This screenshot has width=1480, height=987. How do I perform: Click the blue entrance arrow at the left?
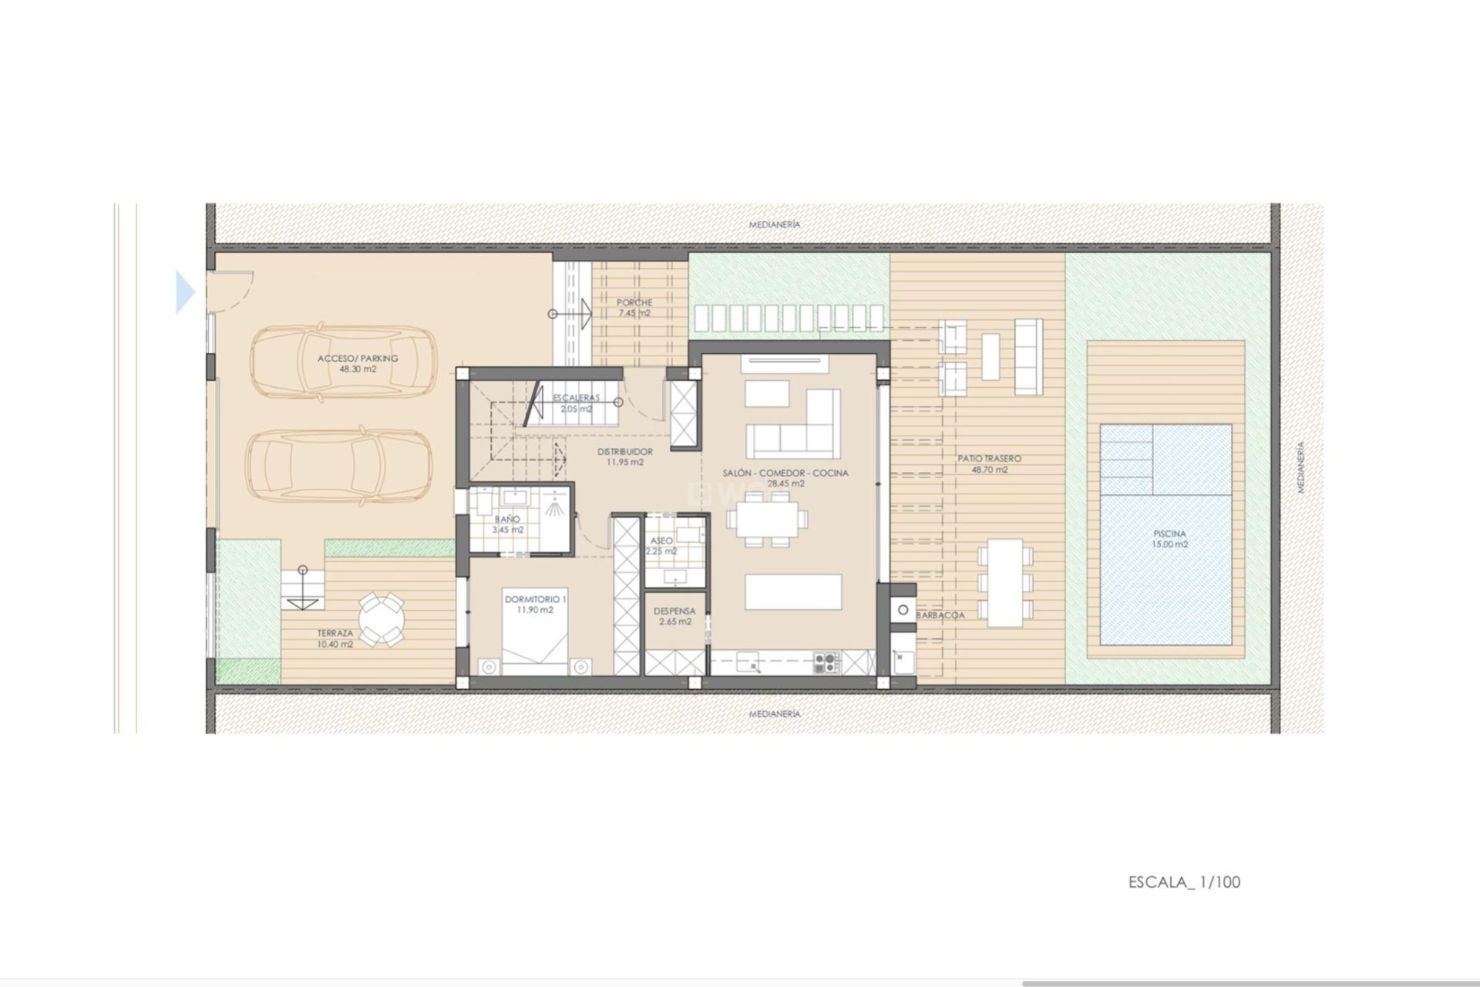tap(185, 291)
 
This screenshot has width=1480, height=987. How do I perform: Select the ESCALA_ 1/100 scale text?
tap(1184, 882)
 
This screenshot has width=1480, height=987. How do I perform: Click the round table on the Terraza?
tap(381, 618)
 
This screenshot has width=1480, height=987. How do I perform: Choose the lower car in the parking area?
tap(339, 465)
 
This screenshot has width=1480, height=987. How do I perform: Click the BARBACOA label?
tap(940, 615)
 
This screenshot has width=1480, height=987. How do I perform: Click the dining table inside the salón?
tap(768, 518)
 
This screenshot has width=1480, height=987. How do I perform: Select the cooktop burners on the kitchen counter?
tap(826, 661)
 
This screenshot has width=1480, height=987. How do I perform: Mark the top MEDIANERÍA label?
tap(775, 224)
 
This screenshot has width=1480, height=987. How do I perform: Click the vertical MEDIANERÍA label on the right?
tap(1300, 467)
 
